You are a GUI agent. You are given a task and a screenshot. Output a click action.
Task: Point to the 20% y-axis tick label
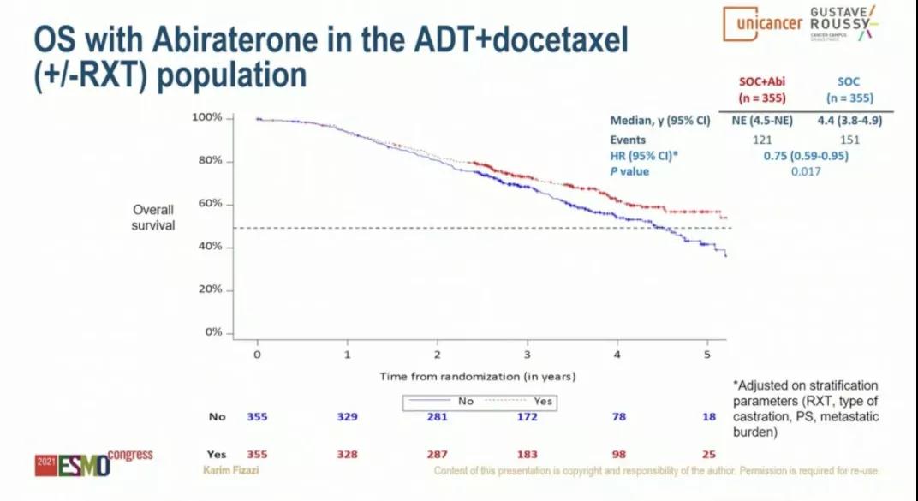click(x=211, y=289)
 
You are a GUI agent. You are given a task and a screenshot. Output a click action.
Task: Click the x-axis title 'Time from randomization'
click(x=478, y=376)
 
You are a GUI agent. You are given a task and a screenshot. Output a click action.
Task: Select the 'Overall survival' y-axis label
click(x=153, y=217)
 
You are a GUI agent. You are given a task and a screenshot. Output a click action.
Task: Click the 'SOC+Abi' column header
click(x=762, y=82)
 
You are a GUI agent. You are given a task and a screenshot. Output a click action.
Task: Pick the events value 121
click(x=762, y=140)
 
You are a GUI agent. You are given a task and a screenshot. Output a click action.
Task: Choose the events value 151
click(x=849, y=140)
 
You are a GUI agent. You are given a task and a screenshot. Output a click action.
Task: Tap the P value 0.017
click(x=805, y=171)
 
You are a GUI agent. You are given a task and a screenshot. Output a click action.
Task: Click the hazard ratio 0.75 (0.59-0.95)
click(x=805, y=156)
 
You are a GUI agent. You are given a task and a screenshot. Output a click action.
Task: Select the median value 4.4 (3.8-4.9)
click(x=849, y=121)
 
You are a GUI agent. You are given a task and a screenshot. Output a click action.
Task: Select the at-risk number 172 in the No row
click(x=527, y=417)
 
